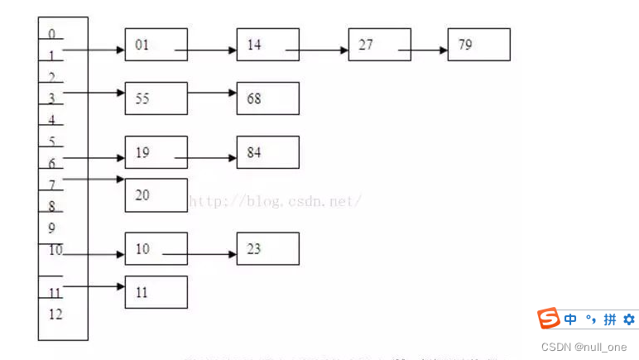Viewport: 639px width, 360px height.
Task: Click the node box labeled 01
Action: pyautogui.click(x=156, y=45)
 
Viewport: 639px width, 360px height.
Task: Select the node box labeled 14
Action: pyautogui.click(x=267, y=45)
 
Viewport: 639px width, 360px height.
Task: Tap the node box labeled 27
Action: pyautogui.click(x=379, y=45)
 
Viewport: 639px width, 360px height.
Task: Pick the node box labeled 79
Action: pyautogui.click(x=478, y=45)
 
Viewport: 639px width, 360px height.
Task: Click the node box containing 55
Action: pyautogui.click(x=156, y=98)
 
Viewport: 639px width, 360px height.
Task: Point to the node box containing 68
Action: pyautogui.click(x=267, y=98)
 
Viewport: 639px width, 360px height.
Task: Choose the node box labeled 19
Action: pyautogui.click(x=156, y=152)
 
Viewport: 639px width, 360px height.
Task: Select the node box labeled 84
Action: pyautogui.click(x=267, y=152)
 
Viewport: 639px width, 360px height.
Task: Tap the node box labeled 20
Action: pyautogui.click(x=156, y=195)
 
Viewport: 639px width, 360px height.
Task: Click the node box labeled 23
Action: pyautogui.click(x=267, y=248)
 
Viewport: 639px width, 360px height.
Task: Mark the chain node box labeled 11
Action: pyautogui.click(x=156, y=292)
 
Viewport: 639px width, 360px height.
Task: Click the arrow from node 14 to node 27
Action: pyautogui.click(x=318, y=50)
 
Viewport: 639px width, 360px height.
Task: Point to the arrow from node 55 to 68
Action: pyautogui.click(x=212, y=92)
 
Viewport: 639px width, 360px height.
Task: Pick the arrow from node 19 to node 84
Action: pyautogui.click(x=205, y=157)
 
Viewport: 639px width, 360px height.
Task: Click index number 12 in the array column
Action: pyautogui.click(x=55, y=314)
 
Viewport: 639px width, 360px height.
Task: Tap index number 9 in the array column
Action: pyautogui.click(x=52, y=227)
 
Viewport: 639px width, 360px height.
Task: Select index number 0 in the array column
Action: pyautogui.click(x=52, y=34)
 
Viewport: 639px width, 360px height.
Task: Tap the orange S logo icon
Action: pyautogui.click(x=548, y=319)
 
